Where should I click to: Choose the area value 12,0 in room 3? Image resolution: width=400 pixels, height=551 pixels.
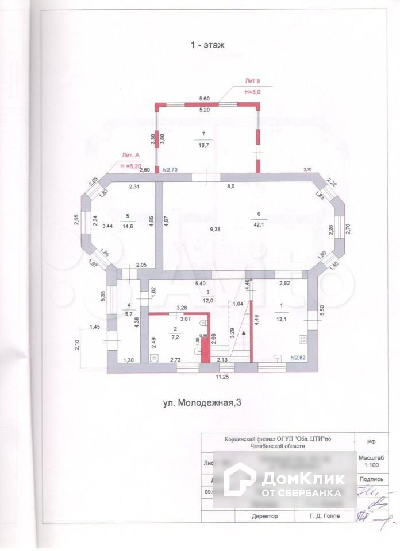pos(208,301)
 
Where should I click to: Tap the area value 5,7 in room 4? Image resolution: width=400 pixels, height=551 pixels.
pos(129,313)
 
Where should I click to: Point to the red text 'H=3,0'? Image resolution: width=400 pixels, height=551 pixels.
pos(253,92)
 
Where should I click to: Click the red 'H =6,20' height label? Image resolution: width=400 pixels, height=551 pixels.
pos(130,165)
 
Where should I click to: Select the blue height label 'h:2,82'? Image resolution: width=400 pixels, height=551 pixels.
pos(297,357)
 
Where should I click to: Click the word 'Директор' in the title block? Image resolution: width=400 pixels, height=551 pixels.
pos(264,516)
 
